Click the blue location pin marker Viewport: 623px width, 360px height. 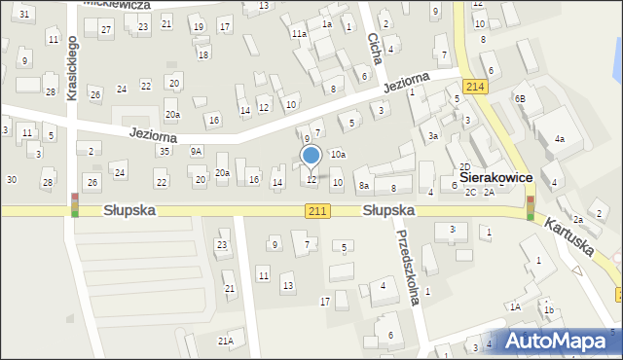(311, 156)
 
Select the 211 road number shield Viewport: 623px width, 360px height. (317, 210)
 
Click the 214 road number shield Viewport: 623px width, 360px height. (475, 87)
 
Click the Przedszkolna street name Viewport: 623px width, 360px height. (408, 267)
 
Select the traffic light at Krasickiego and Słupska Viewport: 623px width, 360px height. (75, 204)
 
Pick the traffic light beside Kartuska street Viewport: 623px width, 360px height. (530, 208)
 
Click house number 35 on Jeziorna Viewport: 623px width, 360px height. (165, 151)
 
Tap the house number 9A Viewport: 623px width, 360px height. (196, 151)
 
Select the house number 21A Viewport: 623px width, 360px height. (225, 341)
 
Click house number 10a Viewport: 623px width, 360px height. (337, 154)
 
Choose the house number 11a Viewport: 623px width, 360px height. (298, 33)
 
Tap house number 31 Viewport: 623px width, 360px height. (23, 14)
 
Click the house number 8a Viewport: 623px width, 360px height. (364, 185)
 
